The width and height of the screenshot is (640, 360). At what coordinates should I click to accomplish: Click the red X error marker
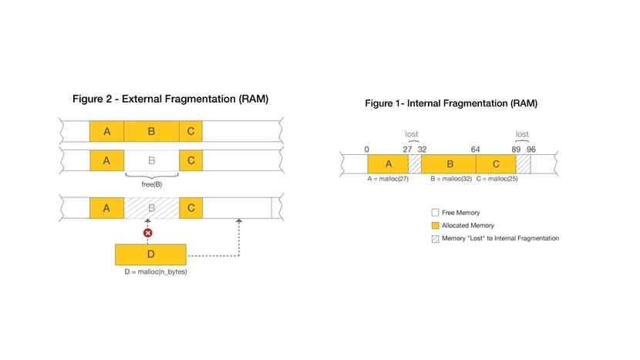(148, 233)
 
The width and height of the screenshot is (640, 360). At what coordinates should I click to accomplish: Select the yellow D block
(150, 254)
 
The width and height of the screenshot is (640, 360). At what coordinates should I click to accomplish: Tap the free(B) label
(152, 184)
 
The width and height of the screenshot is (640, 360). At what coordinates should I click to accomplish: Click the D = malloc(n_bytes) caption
(156, 272)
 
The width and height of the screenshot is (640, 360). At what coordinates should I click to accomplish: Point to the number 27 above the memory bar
(407, 150)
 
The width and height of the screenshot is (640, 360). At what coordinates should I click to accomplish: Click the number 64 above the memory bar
(475, 150)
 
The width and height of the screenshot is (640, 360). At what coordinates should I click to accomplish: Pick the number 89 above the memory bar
(516, 150)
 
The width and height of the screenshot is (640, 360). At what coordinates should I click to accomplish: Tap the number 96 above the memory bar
(531, 150)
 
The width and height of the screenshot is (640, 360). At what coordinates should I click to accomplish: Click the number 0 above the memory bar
(366, 150)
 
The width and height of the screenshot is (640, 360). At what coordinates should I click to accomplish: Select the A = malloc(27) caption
(388, 179)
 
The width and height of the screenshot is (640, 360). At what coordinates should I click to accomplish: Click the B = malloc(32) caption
(451, 179)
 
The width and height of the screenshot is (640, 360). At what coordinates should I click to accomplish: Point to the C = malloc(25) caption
(497, 179)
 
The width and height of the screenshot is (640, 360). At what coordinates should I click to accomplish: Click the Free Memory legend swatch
(435, 212)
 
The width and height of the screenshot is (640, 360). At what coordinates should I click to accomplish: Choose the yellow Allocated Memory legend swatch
(435, 225)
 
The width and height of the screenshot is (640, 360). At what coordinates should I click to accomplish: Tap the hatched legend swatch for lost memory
(435, 239)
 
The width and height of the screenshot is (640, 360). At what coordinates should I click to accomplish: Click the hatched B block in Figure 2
(151, 208)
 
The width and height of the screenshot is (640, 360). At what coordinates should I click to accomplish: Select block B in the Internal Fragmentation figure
(449, 164)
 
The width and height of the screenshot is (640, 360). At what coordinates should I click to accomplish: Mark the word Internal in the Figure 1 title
(426, 103)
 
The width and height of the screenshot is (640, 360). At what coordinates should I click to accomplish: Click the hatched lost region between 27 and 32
(415, 164)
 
